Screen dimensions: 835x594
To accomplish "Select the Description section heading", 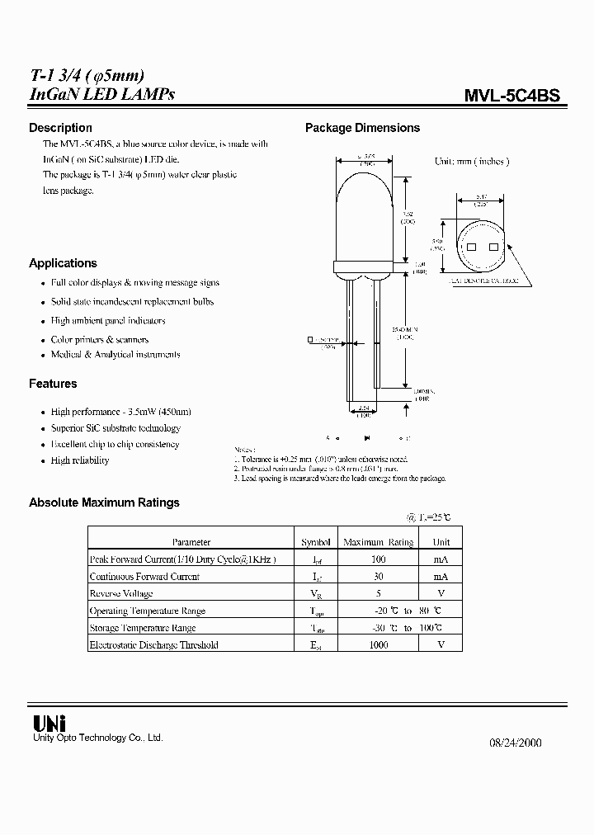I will (x=60, y=128).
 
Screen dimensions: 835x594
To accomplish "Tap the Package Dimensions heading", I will (x=362, y=128).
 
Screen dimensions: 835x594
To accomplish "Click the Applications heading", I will (x=63, y=263).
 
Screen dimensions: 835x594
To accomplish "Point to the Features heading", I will (x=53, y=384).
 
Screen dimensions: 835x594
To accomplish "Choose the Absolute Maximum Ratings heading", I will (x=104, y=502).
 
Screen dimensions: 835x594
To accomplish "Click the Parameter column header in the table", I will (x=191, y=542).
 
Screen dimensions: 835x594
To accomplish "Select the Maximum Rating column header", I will (x=379, y=542).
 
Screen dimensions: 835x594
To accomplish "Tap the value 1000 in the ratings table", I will (x=379, y=645).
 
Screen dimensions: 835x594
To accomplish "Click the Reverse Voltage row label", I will (x=121, y=594).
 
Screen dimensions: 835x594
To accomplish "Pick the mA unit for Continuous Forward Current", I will (x=441, y=577).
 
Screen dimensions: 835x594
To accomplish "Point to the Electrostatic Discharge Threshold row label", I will (x=153, y=645).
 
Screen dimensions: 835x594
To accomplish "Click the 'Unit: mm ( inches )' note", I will (x=472, y=162).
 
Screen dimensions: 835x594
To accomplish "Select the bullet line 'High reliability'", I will (x=80, y=460).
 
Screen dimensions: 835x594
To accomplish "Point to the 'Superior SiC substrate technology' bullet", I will (x=115, y=428).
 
